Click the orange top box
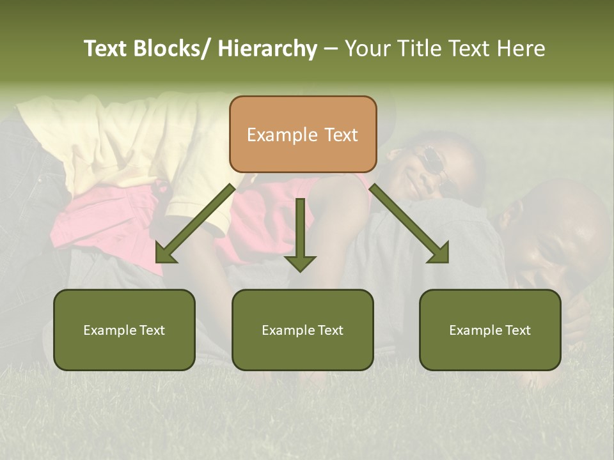303,134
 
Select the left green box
124,330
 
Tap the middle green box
303,330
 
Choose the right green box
490,330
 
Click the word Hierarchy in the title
267,49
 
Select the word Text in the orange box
340,135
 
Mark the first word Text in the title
106,49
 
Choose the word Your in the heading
368,49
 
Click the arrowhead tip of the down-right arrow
447,261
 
